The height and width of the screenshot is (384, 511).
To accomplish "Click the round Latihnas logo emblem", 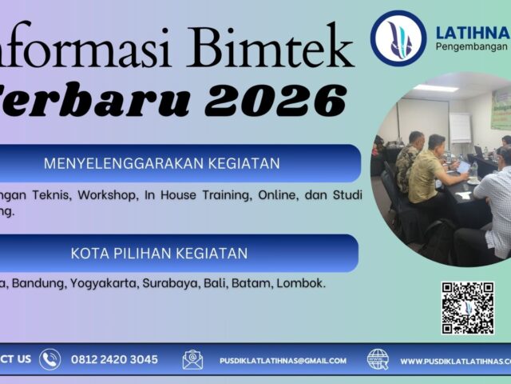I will pyautogui.click(x=398, y=38).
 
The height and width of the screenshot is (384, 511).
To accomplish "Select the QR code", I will pyautogui.click(x=468, y=307).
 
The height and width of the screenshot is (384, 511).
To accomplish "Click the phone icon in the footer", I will pyautogui.click(x=50, y=360).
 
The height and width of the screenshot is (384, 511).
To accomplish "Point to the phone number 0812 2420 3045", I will pyautogui.click(x=114, y=360).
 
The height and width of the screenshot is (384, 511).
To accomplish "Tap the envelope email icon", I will pyautogui.click(x=192, y=360).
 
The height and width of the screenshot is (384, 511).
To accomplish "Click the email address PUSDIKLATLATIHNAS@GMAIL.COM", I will pyautogui.click(x=283, y=361).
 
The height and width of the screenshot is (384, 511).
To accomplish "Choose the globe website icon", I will pyautogui.click(x=378, y=360).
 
